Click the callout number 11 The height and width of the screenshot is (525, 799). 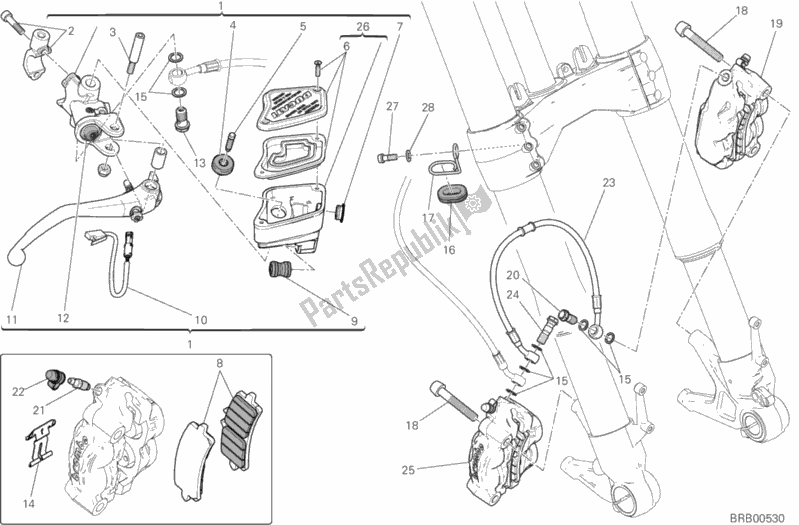[12, 320]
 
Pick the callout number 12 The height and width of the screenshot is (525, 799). [62, 320]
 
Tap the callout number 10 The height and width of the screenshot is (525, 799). [200, 320]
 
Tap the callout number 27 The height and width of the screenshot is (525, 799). [393, 107]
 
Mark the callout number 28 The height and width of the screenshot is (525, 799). [428, 107]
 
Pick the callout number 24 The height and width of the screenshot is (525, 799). [513, 294]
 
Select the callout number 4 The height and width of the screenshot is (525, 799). [232, 25]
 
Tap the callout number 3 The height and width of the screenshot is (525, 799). [113, 32]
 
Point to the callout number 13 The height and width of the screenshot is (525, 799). [199, 162]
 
